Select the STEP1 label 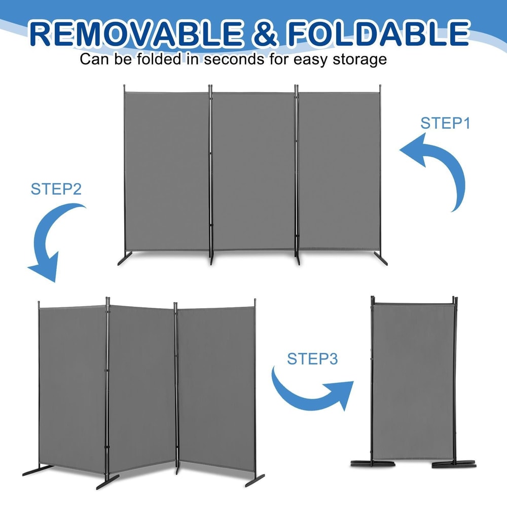[x=445, y=123]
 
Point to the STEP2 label [x=56, y=189]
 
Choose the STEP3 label [x=312, y=358]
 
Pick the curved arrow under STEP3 [x=312, y=393]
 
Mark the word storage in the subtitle [x=357, y=59]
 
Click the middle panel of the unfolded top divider [x=253, y=170]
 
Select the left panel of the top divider [x=167, y=170]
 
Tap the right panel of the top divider [x=339, y=170]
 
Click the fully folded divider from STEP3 [x=413, y=375]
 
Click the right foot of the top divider [x=381, y=259]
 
